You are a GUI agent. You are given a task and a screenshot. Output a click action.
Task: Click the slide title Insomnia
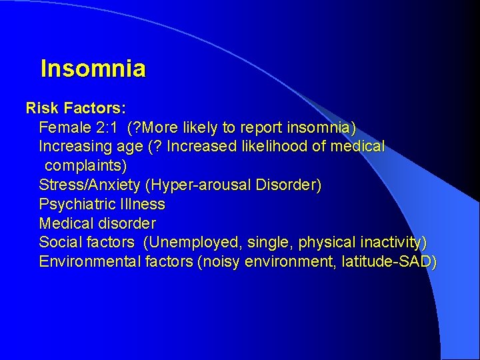pyautogui.click(x=93, y=69)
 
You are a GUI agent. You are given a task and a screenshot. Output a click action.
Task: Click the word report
pyautogui.click(x=273, y=127)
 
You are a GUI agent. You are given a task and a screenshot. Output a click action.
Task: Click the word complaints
pyautogui.click(x=84, y=165)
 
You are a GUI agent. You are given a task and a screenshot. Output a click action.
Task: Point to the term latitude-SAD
pyautogui.click(x=388, y=261)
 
